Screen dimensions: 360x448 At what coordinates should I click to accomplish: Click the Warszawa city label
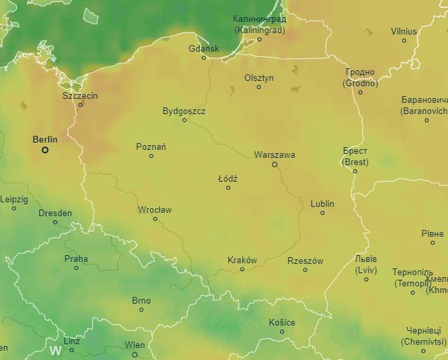(274, 154)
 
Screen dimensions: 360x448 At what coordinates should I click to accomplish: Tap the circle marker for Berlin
(45, 150)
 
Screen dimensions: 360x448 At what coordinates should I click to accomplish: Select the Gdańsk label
(203, 48)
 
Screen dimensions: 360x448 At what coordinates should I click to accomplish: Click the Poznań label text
(151, 147)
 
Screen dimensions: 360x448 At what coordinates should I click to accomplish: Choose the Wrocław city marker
(155, 219)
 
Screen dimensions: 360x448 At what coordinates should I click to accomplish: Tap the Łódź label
(228, 178)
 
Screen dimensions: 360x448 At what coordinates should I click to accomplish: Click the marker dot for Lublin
(323, 213)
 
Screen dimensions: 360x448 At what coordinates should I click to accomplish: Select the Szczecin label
(80, 95)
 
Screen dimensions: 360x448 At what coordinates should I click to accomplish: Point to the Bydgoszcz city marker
(185, 120)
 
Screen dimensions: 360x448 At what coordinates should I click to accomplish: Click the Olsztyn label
(259, 78)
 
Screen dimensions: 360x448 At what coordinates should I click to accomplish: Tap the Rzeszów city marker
(305, 270)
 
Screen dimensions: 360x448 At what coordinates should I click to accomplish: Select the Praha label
(76, 259)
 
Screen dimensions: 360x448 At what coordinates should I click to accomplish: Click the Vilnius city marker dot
(404, 40)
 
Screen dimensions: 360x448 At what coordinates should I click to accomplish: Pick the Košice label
(281, 322)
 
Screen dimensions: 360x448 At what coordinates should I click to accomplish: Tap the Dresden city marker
(55, 222)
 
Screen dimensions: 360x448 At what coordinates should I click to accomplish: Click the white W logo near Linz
(56, 349)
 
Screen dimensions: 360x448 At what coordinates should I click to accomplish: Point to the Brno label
(141, 300)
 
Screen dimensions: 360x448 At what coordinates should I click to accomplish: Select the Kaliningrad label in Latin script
(260, 30)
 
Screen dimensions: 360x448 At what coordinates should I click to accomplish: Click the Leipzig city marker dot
(14, 208)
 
